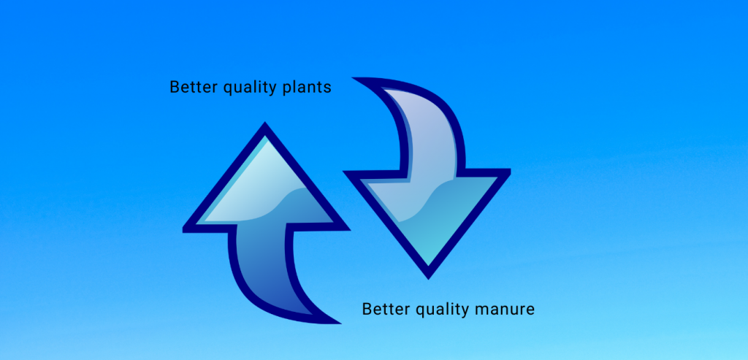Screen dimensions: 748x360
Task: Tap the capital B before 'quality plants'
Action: (x=175, y=87)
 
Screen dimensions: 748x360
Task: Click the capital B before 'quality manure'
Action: (x=367, y=309)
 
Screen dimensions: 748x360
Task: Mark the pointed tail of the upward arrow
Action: (x=340, y=323)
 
